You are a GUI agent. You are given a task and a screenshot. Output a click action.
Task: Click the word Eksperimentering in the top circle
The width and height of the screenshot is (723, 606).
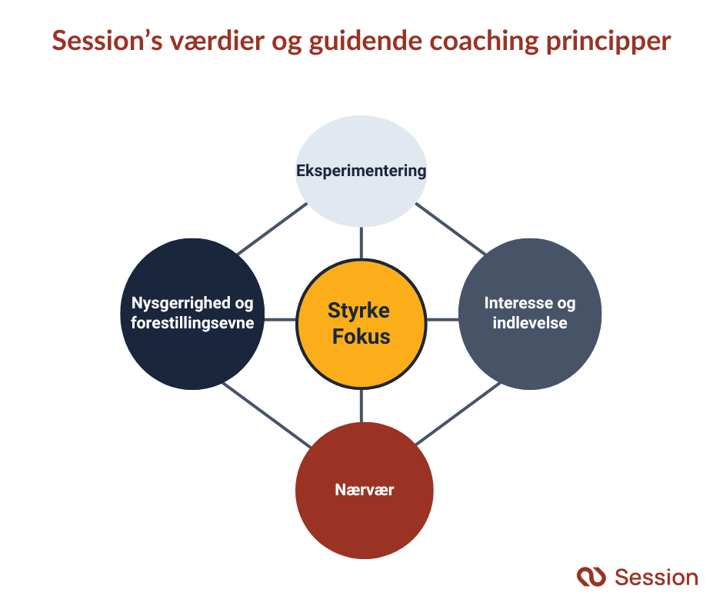pyautogui.click(x=361, y=171)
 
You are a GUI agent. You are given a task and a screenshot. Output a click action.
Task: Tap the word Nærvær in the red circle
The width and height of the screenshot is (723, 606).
pyautogui.click(x=365, y=489)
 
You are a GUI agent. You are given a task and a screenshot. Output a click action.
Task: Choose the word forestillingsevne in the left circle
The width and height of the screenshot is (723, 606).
pyautogui.click(x=192, y=323)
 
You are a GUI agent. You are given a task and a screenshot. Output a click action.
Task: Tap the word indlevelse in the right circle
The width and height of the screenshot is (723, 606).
pyautogui.click(x=530, y=323)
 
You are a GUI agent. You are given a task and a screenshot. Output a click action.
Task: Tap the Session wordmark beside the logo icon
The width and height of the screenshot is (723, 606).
pyautogui.click(x=656, y=577)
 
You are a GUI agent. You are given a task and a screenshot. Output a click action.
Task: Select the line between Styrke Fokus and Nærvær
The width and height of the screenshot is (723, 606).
pyautogui.click(x=361, y=406)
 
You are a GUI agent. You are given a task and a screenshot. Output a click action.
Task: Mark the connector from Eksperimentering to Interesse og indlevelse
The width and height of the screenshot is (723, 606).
pyautogui.click(x=451, y=228)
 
